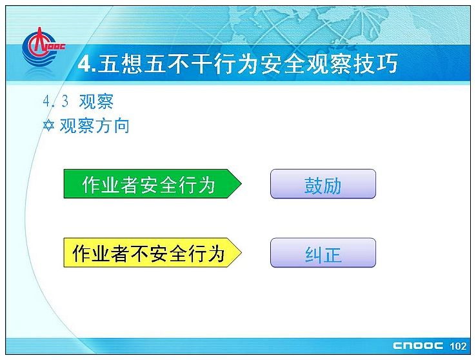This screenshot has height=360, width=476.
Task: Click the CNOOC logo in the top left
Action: pos(43,47)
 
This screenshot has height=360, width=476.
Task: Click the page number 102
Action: pos(458,346)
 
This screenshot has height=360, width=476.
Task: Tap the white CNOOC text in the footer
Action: pos(418,346)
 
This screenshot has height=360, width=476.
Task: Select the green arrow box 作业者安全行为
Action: pos(152,184)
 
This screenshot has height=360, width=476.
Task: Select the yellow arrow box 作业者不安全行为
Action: pos(152,252)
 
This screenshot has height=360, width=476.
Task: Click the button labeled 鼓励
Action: pos(323,184)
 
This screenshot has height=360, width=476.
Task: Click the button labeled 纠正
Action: pos(323,253)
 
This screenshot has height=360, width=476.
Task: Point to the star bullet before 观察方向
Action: pos(48,125)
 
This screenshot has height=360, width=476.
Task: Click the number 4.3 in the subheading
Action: pos(56,101)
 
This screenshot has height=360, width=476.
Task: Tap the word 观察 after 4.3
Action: pos(96,101)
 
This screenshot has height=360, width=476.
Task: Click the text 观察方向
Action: pos(95,125)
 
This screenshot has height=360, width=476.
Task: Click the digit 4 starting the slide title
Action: pos(84,64)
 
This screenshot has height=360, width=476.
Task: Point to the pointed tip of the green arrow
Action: pos(241,184)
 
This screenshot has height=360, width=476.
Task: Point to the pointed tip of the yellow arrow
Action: pos(241,252)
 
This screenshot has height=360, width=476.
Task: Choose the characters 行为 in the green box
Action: pos(197,185)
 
